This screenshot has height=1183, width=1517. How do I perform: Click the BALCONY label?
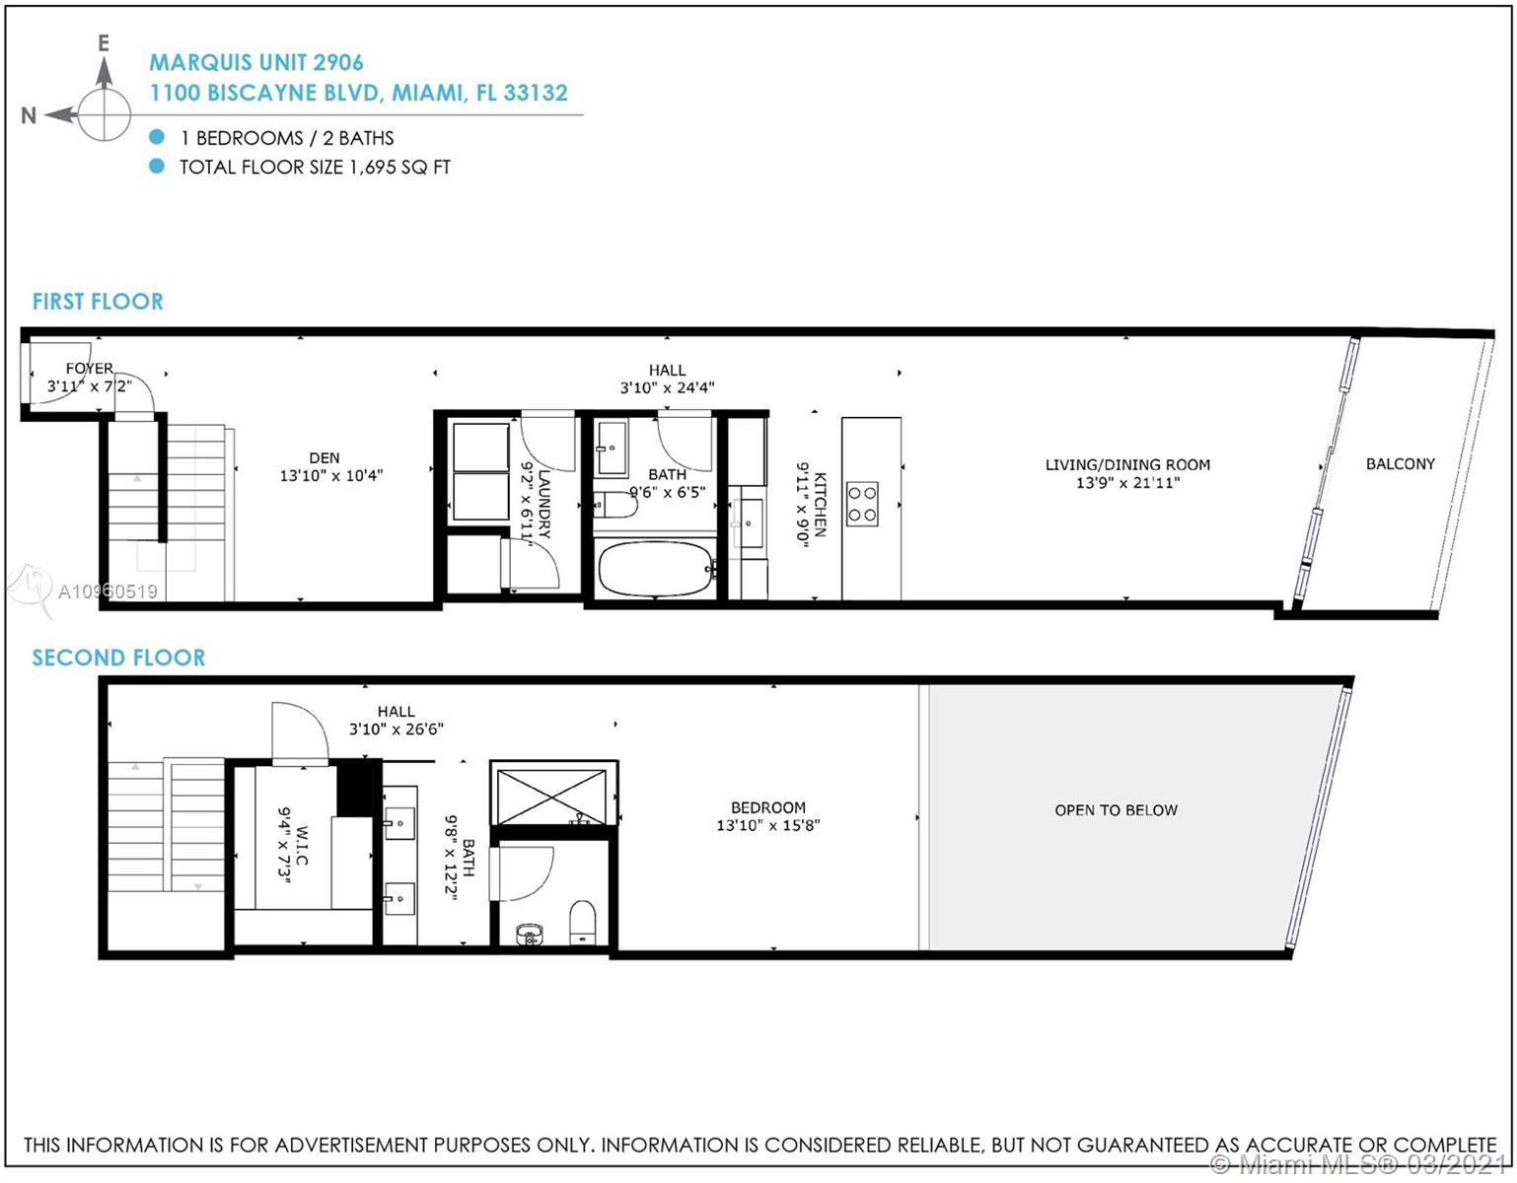click(x=1400, y=464)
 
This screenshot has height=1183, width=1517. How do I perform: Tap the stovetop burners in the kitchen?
click(x=862, y=504)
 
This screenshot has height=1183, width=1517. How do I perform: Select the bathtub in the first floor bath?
click(x=656, y=569)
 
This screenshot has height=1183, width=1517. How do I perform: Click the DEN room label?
click(x=324, y=458)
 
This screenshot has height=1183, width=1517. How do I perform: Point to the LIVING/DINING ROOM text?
click(x=1127, y=465)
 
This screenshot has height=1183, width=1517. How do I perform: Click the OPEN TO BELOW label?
click(x=1116, y=809)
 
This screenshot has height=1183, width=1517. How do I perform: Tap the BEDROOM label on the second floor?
click(x=768, y=807)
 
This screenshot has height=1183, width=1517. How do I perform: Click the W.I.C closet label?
click(x=302, y=846)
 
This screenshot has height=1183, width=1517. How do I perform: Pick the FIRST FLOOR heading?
click(x=98, y=302)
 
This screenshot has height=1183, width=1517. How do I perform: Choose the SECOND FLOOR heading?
click(x=118, y=658)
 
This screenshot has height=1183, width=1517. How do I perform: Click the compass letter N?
click(x=29, y=115)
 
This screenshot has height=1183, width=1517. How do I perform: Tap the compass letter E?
click(x=104, y=43)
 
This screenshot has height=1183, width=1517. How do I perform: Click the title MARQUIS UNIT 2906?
click(x=256, y=63)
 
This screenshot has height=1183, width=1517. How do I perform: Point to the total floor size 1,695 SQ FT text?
click(x=315, y=168)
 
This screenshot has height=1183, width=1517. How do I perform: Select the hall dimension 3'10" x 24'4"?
click(x=668, y=387)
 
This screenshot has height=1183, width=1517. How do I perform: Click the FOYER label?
click(x=90, y=369)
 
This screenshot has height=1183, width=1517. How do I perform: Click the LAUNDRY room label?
click(x=544, y=504)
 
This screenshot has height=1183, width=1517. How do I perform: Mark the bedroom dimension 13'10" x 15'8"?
click(x=768, y=825)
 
